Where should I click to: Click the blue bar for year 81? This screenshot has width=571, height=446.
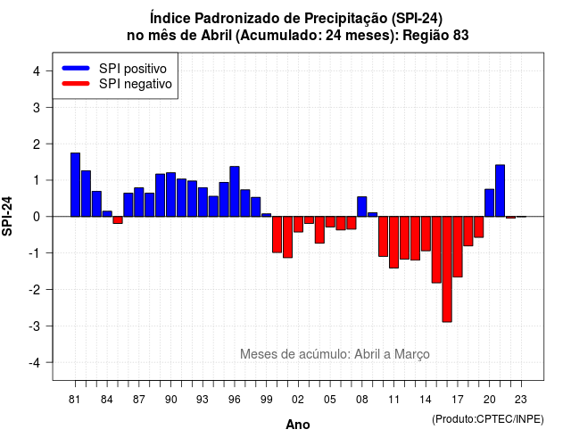click(x=75, y=185)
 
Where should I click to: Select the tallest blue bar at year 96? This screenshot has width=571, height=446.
click(x=235, y=192)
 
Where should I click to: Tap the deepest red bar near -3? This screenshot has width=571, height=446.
click(x=447, y=269)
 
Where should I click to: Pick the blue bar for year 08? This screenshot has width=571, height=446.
click(x=362, y=206)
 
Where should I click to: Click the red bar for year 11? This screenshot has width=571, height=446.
click(x=393, y=242)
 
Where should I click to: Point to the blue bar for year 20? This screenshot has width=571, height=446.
click(x=490, y=202)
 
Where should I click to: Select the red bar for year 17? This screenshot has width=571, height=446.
click(x=458, y=247)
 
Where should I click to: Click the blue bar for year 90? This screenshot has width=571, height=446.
click(x=170, y=194)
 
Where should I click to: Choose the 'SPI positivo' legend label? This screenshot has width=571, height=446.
click(x=133, y=69)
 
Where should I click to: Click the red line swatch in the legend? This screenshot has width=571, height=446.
click(x=76, y=83)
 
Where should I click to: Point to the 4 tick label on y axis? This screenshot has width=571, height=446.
click(x=37, y=71)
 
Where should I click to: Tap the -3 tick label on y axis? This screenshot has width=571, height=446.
click(x=35, y=326)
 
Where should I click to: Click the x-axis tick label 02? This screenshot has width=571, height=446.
click(x=298, y=400)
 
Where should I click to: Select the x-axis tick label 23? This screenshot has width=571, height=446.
click(x=521, y=400)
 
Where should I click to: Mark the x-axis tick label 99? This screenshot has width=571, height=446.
click(x=266, y=400)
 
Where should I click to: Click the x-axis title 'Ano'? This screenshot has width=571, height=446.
click(x=298, y=425)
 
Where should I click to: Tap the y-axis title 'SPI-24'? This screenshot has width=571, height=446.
click(x=7, y=216)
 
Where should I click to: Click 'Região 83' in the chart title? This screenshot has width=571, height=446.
click(x=435, y=36)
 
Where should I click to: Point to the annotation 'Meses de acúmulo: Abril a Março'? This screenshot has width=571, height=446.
click(x=335, y=354)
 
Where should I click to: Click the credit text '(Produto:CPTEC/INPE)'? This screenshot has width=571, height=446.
click(x=488, y=419)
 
